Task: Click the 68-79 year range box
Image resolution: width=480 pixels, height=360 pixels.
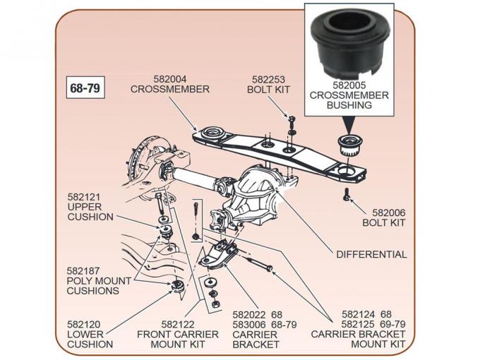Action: (84, 89)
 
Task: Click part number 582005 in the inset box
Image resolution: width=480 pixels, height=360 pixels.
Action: (350, 84)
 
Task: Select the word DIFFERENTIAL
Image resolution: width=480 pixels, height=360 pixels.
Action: (371, 254)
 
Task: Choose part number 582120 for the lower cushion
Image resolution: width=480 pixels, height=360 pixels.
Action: (84, 324)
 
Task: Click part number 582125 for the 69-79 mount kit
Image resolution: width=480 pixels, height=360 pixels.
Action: (358, 324)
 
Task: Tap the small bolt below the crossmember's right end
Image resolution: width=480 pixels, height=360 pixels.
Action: (346, 195)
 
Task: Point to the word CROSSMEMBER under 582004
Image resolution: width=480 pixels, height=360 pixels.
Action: (169, 90)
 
